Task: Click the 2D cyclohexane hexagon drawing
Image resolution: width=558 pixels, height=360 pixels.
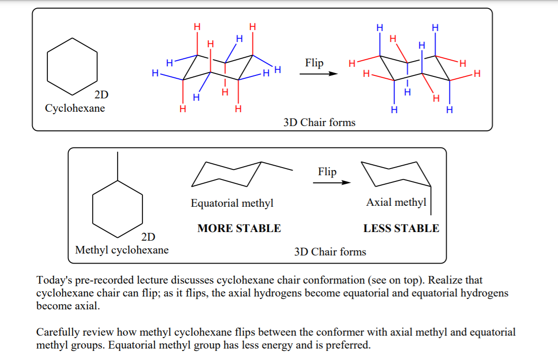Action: tap(72, 66)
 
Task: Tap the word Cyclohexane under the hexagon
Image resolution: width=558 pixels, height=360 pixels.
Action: tap(75, 108)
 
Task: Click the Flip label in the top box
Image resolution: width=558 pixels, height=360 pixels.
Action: tap(314, 63)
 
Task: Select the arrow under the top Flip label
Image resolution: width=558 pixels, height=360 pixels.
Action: tap(318, 74)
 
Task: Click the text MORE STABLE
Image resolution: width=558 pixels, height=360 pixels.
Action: tap(239, 228)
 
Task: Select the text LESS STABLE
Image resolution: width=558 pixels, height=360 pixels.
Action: tap(401, 228)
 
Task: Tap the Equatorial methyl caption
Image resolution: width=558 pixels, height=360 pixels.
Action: tap(232, 203)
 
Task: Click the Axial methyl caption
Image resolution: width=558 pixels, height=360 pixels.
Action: tap(396, 202)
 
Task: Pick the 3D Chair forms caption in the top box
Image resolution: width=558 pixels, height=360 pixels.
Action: tap(319, 123)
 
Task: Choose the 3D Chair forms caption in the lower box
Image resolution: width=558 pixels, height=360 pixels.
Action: tap(330, 252)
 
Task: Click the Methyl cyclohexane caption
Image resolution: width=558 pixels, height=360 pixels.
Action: tap(122, 250)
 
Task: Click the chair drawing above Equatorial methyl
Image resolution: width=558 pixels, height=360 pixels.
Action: tap(234, 174)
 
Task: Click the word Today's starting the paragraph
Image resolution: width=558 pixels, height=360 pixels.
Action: tap(54, 280)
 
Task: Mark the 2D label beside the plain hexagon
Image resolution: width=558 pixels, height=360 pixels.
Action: tap(101, 95)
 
